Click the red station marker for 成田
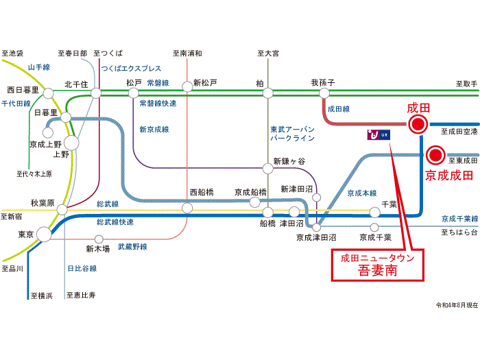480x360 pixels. click(x=418, y=124)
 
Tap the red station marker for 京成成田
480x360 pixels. click(x=435, y=155)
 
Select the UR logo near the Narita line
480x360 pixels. click(x=379, y=134)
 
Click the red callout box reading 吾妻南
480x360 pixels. click(x=378, y=265)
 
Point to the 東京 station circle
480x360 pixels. click(x=44, y=235)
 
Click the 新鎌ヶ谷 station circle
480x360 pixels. click(x=268, y=168)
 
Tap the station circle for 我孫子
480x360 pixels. click(x=324, y=93)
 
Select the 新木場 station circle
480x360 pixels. click(x=99, y=239)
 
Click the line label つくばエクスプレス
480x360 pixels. click(x=131, y=69)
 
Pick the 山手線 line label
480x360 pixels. click(x=39, y=67)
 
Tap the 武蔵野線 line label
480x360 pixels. click(x=132, y=247)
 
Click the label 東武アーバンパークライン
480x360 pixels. click(x=293, y=134)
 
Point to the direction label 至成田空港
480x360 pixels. click(x=459, y=132)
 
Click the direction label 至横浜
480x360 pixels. click(x=42, y=296)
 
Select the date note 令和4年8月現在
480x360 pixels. click(x=457, y=305)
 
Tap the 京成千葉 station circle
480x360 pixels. click(x=374, y=228)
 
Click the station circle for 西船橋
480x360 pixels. click(x=187, y=208)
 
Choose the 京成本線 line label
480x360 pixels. click(x=362, y=193)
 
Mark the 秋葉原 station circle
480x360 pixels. click(x=62, y=210)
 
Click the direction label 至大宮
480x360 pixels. click(x=268, y=53)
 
